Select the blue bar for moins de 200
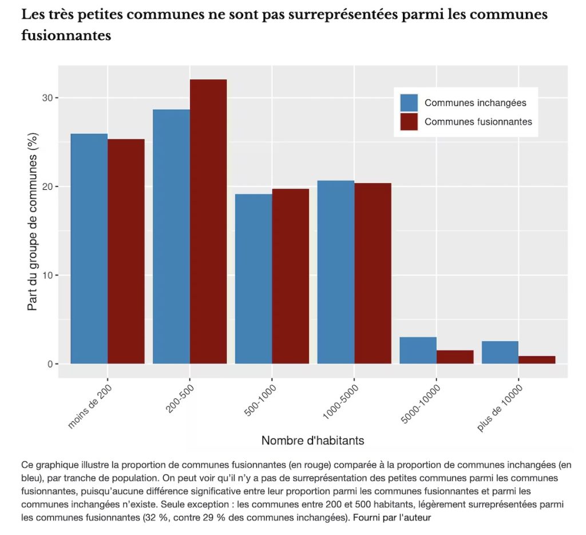point(89,249)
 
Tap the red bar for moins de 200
point(126,251)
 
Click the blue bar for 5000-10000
point(418,350)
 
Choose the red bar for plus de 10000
point(537,360)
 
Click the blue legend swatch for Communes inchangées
point(409,103)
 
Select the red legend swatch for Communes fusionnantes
point(409,121)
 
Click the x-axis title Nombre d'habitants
point(312,441)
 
